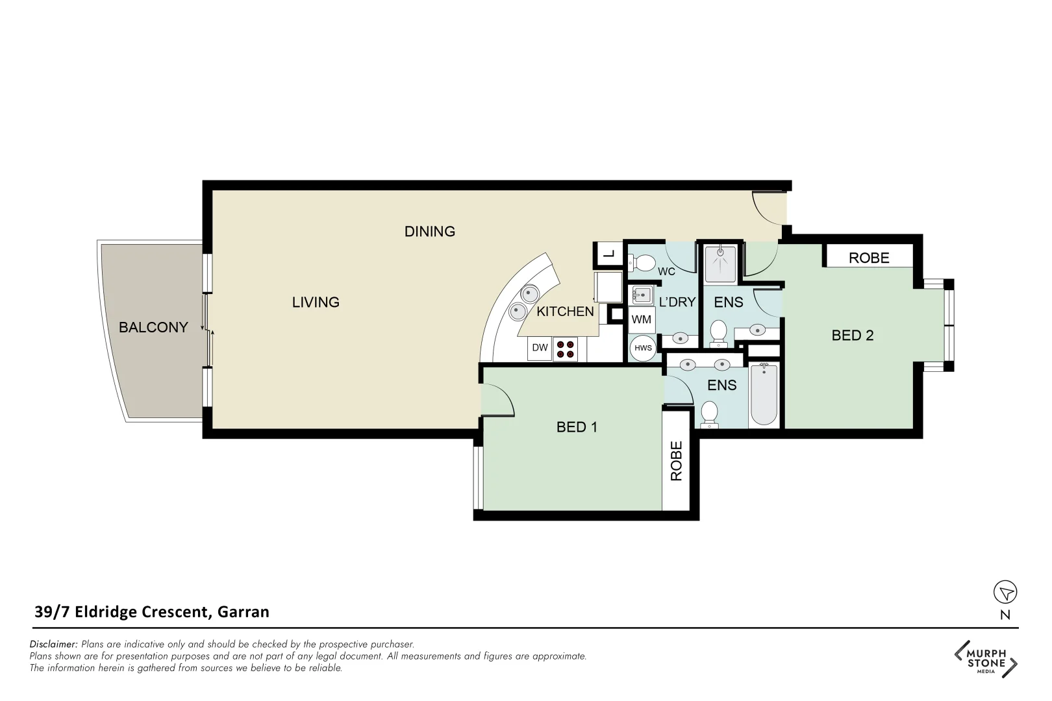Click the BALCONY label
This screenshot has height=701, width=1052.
tap(153, 328)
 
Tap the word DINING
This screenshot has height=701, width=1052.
tap(429, 232)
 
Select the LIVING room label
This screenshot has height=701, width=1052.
tap(316, 302)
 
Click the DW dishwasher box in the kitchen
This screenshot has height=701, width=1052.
tap(540, 348)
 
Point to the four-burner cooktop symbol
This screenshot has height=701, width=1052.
tap(566, 349)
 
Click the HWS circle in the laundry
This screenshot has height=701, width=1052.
tap(643, 349)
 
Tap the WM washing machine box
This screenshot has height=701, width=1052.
tap(642, 320)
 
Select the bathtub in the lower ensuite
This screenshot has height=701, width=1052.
tap(764, 395)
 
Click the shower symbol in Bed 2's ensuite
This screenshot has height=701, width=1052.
tap(720, 263)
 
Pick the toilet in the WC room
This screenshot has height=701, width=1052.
tap(643, 263)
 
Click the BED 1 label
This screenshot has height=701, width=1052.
tap(577, 427)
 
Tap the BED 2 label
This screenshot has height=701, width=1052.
tap(852, 336)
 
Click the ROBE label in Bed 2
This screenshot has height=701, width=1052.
tap(868, 258)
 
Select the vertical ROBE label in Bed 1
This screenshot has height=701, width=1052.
tap(677, 461)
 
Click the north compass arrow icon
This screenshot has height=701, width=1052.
tap(1005, 592)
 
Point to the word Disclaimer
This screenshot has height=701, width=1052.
tap(53, 645)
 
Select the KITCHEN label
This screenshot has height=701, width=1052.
tap(565, 312)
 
